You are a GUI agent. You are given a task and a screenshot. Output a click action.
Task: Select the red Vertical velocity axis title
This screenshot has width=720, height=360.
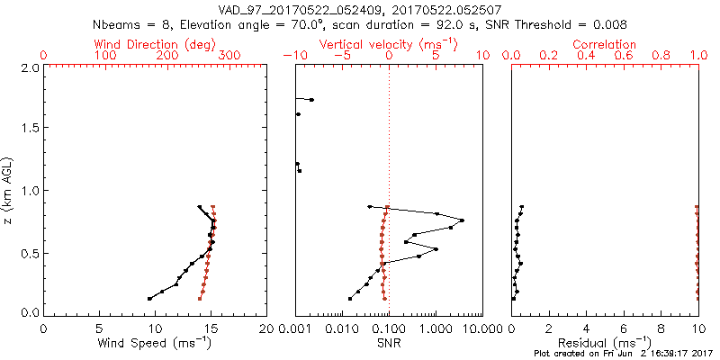[388, 44]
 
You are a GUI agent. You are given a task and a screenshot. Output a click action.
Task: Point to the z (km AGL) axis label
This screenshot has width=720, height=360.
[9, 190]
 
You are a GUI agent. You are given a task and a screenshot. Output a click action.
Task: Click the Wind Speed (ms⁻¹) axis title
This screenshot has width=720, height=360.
[155, 343]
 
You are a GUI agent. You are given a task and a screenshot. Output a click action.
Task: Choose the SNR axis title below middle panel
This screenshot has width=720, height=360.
[388, 343]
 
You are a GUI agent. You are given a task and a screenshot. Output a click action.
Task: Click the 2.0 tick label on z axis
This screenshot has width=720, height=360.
[29, 67]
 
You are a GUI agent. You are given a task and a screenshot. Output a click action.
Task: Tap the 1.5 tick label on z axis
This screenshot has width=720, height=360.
[29, 129]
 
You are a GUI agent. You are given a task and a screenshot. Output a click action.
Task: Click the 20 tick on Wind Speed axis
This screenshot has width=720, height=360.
[266, 328]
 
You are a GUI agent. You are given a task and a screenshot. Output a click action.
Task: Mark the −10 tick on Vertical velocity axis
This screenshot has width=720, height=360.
[293, 56]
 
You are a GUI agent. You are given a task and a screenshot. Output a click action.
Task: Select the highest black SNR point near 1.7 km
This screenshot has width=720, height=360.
[311, 100]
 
